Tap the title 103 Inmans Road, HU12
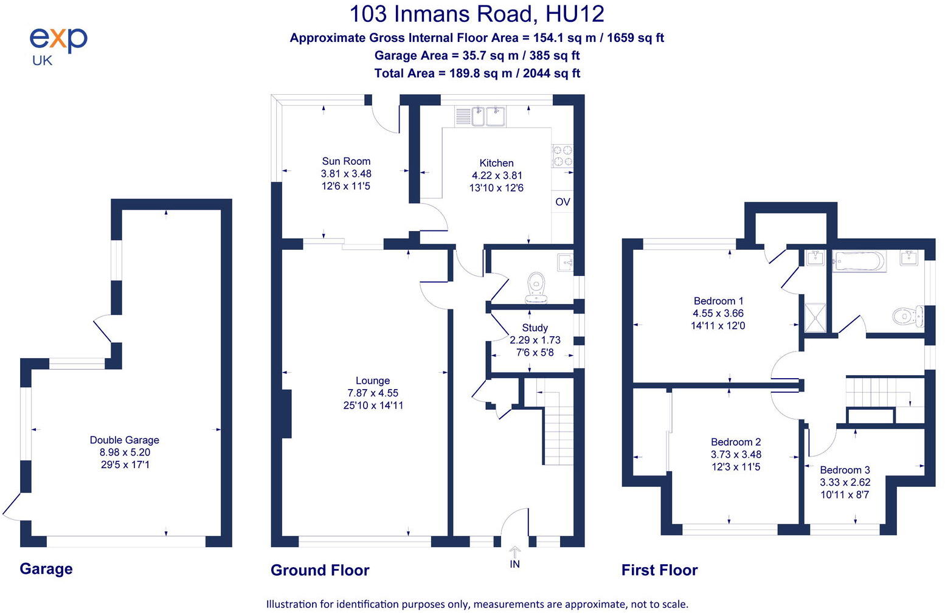pyautogui.click(x=476, y=13)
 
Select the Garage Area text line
pyautogui.click(x=476, y=55)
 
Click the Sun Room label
pyautogui.click(x=345, y=161)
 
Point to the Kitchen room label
pyautogui.click(x=496, y=163)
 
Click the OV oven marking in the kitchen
pyautogui.click(x=562, y=202)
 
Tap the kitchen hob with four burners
pyautogui.click(x=562, y=155)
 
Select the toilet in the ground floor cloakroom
pyautogui.click(x=536, y=286)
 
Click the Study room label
pyautogui.click(x=535, y=328)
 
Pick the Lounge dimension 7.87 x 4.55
pyautogui.click(x=373, y=393)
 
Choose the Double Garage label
pyautogui.click(x=124, y=440)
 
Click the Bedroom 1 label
pyautogui.click(x=718, y=301)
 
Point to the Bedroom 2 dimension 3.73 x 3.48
pyautogui.click(x=736, y=455)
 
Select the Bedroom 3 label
pyautogui.click(x=845, y=470)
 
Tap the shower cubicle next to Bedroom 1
pyautogui.click(x=815, y=317)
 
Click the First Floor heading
pyautogui.click(x=659, y=570)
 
